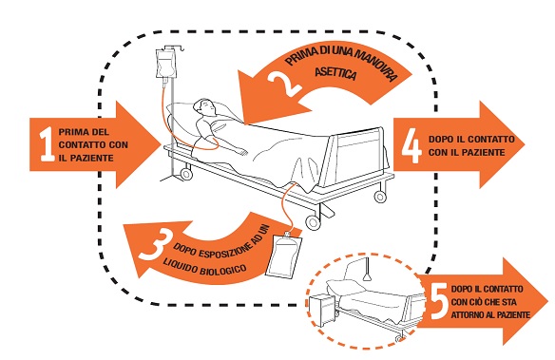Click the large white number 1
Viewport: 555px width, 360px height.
(x=48, y=144)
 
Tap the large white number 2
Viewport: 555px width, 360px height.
(x=284, y=85)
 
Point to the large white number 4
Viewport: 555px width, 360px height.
(x=411, y=145)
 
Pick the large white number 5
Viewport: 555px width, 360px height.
(x=440, y=301)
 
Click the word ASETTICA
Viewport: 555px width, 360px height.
(x=335, y=73)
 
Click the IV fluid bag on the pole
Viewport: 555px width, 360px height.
(x=165, y=64)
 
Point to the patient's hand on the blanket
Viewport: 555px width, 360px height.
(x=242, y=151)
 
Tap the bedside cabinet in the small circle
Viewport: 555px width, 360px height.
(x=321, y=311)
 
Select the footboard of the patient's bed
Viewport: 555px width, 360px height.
(x=357, y=157)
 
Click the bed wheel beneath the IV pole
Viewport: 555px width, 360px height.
(x=186, y=174)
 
